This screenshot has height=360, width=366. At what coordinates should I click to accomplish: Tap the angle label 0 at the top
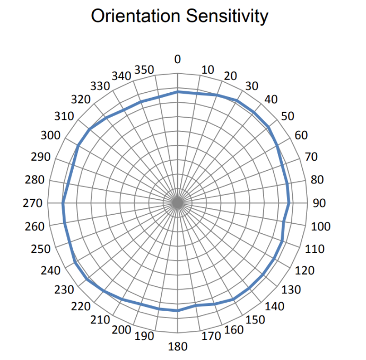click(x=178, y=59)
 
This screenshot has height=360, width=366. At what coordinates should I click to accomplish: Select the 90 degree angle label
click(x=319, y=203)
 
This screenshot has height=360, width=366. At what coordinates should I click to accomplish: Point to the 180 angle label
click(x=178, y=347)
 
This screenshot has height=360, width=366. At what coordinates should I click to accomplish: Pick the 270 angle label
click(x=37, y=203)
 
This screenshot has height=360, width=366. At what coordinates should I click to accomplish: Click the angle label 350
click(x=144, y=70)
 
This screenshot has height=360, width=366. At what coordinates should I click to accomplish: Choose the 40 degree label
click(x=271, y=99)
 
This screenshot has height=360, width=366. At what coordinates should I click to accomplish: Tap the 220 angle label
click(x=81, y=306)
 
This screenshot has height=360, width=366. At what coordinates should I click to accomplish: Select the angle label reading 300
click(x=50, y=136)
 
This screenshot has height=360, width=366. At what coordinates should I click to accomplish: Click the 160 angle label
click(x=234, y=330)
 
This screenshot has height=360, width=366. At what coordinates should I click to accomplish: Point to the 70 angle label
click(x=311, y=157)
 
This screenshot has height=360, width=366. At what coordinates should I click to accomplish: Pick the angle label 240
click(x=50, y=270)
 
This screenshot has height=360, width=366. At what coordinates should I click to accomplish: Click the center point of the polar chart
click(x=178, y=203)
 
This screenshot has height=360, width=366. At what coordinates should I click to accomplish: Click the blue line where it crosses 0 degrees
click(x=178, y=92)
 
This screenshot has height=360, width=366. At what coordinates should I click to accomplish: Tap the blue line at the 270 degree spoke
click(x=63, y=203)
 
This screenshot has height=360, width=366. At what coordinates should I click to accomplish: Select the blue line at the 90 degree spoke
click(x=289, y=203)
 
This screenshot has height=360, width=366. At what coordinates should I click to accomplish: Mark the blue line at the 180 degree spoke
click(x=178, y=311)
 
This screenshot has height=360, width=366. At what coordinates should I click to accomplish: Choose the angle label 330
click(x=100, y=86)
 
